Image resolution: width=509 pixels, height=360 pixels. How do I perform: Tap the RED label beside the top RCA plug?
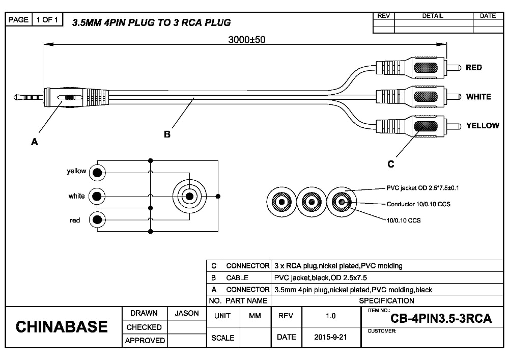pos(474,68)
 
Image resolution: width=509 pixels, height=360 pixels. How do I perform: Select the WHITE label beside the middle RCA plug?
pos(478,97)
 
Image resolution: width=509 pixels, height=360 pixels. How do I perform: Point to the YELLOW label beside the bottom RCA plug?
pos(483,126)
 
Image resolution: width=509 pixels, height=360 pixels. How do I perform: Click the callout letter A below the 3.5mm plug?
pos(35,143)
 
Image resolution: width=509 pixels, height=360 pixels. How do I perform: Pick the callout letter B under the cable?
pos(167,134)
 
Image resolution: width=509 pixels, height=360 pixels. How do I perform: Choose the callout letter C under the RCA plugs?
pos(391,164)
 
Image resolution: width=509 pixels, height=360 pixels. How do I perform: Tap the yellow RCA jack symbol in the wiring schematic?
pos(97,173)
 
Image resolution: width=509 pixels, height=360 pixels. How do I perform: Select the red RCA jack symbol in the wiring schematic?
pos(97,220)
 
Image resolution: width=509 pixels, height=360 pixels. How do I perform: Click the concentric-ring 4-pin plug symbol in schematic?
pos(190,196)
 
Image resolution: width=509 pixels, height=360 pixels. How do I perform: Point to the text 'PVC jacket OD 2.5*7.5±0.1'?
pos(422,188)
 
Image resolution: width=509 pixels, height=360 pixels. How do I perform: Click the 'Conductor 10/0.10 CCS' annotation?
pos(418,204)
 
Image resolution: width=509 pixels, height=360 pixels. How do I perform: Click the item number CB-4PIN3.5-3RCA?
pos(441,319)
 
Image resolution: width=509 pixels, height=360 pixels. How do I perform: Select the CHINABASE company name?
pos(62,327)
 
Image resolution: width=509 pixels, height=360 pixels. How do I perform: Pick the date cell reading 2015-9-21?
pos(330,337)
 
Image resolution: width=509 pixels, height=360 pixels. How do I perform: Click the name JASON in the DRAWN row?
pos(187,314)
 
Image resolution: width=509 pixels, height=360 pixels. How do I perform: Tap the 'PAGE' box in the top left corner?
pos(19,20)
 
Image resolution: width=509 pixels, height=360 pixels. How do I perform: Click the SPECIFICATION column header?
pos(387,300)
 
